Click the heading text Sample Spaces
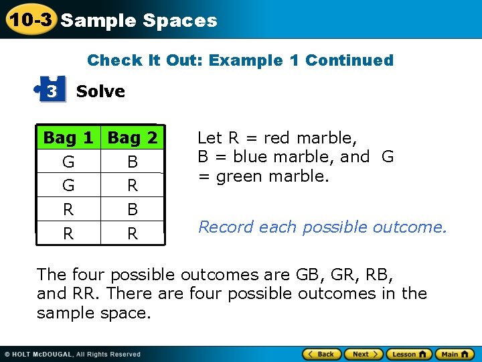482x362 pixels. pyautogui.click(x=139, y=21)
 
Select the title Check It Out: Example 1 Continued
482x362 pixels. pyautogui.click(x=240, y=60)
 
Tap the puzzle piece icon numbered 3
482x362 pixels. pyautogui.click(x=52, y=90)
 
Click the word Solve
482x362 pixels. pyautogui.click(x=100, y=91)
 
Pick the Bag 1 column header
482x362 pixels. pyautogui.click(x=68, y=138)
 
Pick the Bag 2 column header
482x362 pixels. pyautogui.click(x=133, y=138)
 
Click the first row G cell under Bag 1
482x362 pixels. pyautogui.click(x=68, y=162)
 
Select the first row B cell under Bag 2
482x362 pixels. pyautogui.click(x=133, y=162)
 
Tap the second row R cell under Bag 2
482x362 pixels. pyautogui.click(x=133, y=185)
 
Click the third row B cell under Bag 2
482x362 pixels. pyautogui.click(x=133, y=209)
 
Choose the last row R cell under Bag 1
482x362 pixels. pyautogui.click(x=68, y=233)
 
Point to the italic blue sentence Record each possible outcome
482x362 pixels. pyautogui.click(x=322, y=227)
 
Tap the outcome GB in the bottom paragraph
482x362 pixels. pyautogui.click(x=306, y=275)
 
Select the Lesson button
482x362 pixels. pyautogui.click(x=408, y=354)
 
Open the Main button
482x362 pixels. pyautogui.click(x=454, y=354)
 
